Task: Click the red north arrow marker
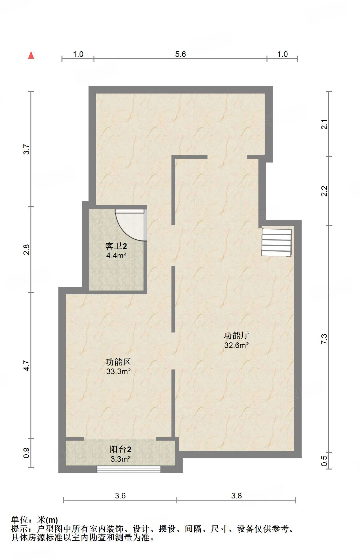tap(31, 55)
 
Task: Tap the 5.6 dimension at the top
tap(180, 54)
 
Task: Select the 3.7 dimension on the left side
tap(27, 149)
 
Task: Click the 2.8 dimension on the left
tap(27, 250)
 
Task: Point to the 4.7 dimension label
tap(27, 365)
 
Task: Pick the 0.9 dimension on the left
tap(27, 452)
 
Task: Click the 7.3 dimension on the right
tap(324, 339)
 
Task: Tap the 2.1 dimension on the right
tap(324, 124)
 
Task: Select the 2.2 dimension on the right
tap(324, 191)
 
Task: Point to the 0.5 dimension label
tap(324, 460)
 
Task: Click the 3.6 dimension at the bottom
tap(120, 496)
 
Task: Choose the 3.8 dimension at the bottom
tap(236, 496)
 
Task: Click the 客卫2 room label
tap(116, 246)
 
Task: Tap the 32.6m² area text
tap(236, 345)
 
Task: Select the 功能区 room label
tap(118, 362)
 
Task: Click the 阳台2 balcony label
tap(121, 449)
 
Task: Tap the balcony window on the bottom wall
tap(129, 469)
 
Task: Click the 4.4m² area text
tap(116, 256)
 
